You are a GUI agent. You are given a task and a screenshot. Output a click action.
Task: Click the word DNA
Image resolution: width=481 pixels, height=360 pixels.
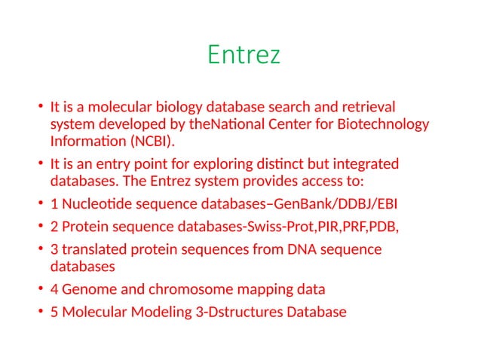(297, 249)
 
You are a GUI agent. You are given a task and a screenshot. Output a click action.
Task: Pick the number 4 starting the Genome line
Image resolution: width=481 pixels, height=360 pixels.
(54, 289)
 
